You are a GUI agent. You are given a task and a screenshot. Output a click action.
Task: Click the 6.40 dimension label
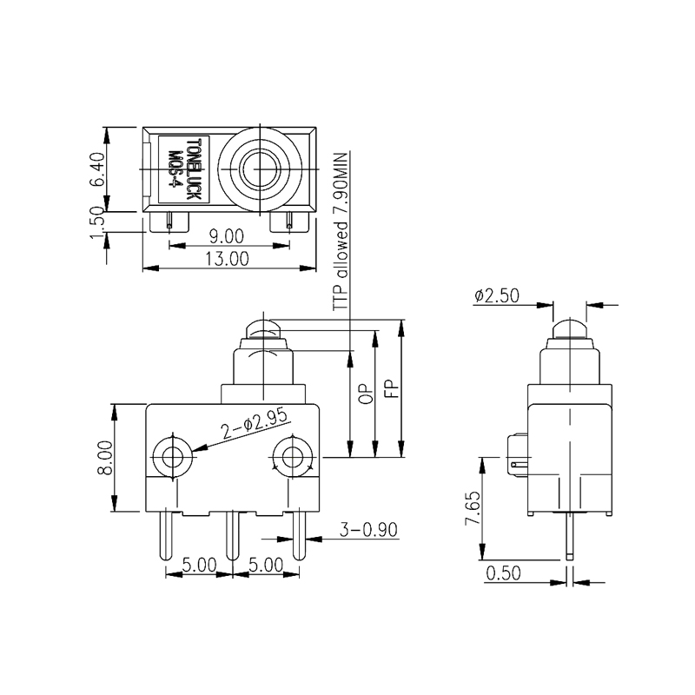tap(98, 170)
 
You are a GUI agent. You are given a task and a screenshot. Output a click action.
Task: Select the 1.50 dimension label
tap(98, 228)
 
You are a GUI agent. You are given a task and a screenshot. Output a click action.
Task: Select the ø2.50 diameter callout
tap(497, 296)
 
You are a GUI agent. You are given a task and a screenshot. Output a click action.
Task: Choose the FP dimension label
tap(391, 389)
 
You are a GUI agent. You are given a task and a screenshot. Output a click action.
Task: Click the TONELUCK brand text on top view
tap(193, 171)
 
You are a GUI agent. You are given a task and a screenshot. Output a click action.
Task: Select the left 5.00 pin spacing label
tap(198, 565)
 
